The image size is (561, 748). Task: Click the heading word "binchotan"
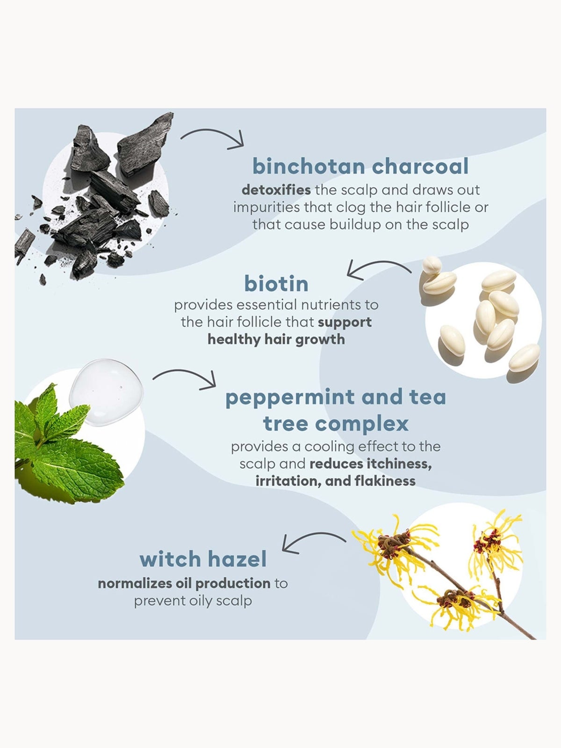[x=309, y=166]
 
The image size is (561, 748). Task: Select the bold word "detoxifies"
[x=276, y=190]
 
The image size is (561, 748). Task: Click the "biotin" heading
[x=276, y=283]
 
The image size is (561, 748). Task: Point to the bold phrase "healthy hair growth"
[x=276, y=339]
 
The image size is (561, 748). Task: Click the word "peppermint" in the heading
[x=290, y=398]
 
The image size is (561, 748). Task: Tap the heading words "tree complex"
[x=336, y=424]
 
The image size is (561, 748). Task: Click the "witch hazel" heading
[x=203, y=559]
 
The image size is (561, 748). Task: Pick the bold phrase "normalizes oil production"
[x=184, y=583]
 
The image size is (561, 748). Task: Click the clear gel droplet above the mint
[x=106, y=392]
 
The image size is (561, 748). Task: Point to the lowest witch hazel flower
[x=456, y=605]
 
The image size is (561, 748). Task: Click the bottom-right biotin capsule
[x=524, y=358]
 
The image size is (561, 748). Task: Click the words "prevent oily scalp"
[x=193, y=601]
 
